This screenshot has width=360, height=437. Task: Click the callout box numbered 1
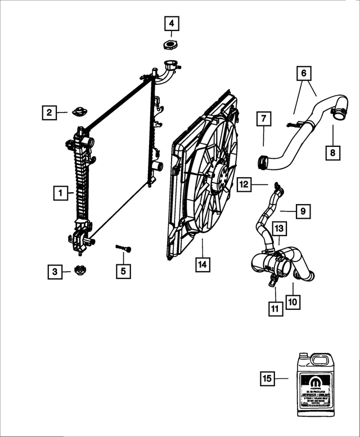pos(59,193)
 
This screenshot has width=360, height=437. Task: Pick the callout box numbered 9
pos(303,211)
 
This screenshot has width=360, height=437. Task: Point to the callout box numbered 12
pos(244,183)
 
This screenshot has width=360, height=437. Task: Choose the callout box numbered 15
pos(268,379)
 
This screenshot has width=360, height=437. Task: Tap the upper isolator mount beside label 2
pos(78,111)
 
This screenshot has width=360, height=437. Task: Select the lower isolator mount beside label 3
pos(80,270)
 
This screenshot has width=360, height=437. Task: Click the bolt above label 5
pos(123,247)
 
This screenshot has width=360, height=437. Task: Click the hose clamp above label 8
pos(339,114)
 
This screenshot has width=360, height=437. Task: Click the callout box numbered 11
pos(274,308)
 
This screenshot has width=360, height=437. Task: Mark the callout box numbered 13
pos(280,228)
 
